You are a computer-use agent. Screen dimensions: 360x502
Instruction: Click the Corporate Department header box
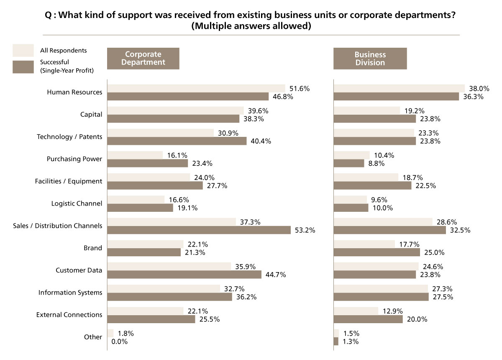click(x=143, y=58)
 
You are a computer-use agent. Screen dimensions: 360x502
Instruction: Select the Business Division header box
click(x=370, y=58)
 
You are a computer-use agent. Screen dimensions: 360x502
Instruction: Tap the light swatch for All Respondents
click(x=23, y=50)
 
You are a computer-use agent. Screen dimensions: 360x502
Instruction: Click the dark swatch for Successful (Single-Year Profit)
click(x=23, y=67)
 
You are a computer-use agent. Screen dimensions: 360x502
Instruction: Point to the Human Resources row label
click(x=74, y=92)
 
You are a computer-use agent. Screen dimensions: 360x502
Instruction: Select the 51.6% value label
click(x=299, y=88)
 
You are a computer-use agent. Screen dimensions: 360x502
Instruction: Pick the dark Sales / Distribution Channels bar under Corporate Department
click(x=199, y=230)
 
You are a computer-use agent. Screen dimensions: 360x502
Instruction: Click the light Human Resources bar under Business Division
click(x=399, y=88)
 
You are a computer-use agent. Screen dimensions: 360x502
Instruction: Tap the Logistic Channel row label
click(x=77, y=203)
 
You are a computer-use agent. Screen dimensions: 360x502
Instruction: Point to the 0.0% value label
click(x=119, y=342)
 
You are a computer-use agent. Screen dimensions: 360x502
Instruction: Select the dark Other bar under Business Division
click(x=336, y=342)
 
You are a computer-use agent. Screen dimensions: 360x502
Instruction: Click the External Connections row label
click(x=69, y=315)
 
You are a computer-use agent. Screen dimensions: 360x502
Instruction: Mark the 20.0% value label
click(x=417, y=319)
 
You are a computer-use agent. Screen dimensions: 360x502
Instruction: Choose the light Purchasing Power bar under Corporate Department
click(x=135, y=155)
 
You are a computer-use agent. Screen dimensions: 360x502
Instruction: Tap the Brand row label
click(x=93, y=248)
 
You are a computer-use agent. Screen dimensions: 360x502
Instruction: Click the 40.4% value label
click(x=261, y=141)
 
